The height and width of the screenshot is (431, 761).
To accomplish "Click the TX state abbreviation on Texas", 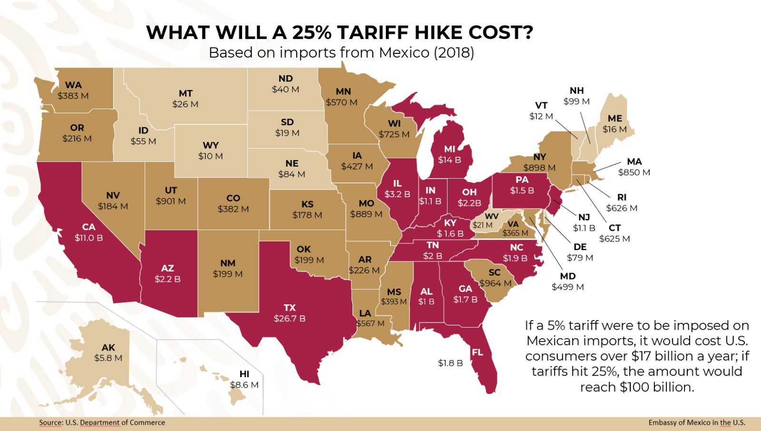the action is pos(290,308).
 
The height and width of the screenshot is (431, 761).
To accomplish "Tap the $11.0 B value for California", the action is pos(88,238).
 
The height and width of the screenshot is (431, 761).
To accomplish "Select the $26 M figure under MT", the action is pos(185,104).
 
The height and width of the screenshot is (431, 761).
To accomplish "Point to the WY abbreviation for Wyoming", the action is pos(211,145).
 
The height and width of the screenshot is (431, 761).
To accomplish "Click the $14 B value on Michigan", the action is pos(449,160).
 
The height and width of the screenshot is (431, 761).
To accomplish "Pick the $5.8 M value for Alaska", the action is pos(108,358).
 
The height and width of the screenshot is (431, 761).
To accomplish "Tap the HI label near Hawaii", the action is pos(244,374).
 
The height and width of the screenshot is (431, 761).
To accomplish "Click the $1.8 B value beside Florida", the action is pos(450,363).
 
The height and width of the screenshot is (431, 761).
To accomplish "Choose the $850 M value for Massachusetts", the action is pos(634,172).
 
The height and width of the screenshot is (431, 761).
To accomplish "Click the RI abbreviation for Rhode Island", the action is pos(622,197).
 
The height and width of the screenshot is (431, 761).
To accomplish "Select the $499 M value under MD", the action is pos(567,287).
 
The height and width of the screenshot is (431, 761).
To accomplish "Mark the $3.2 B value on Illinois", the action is pos(397,194).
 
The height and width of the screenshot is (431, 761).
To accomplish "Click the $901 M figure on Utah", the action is pos(171,201).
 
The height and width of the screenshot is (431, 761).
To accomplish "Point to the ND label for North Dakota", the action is pos(285,79).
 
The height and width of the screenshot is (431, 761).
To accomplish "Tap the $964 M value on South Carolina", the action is pos(495,283).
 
